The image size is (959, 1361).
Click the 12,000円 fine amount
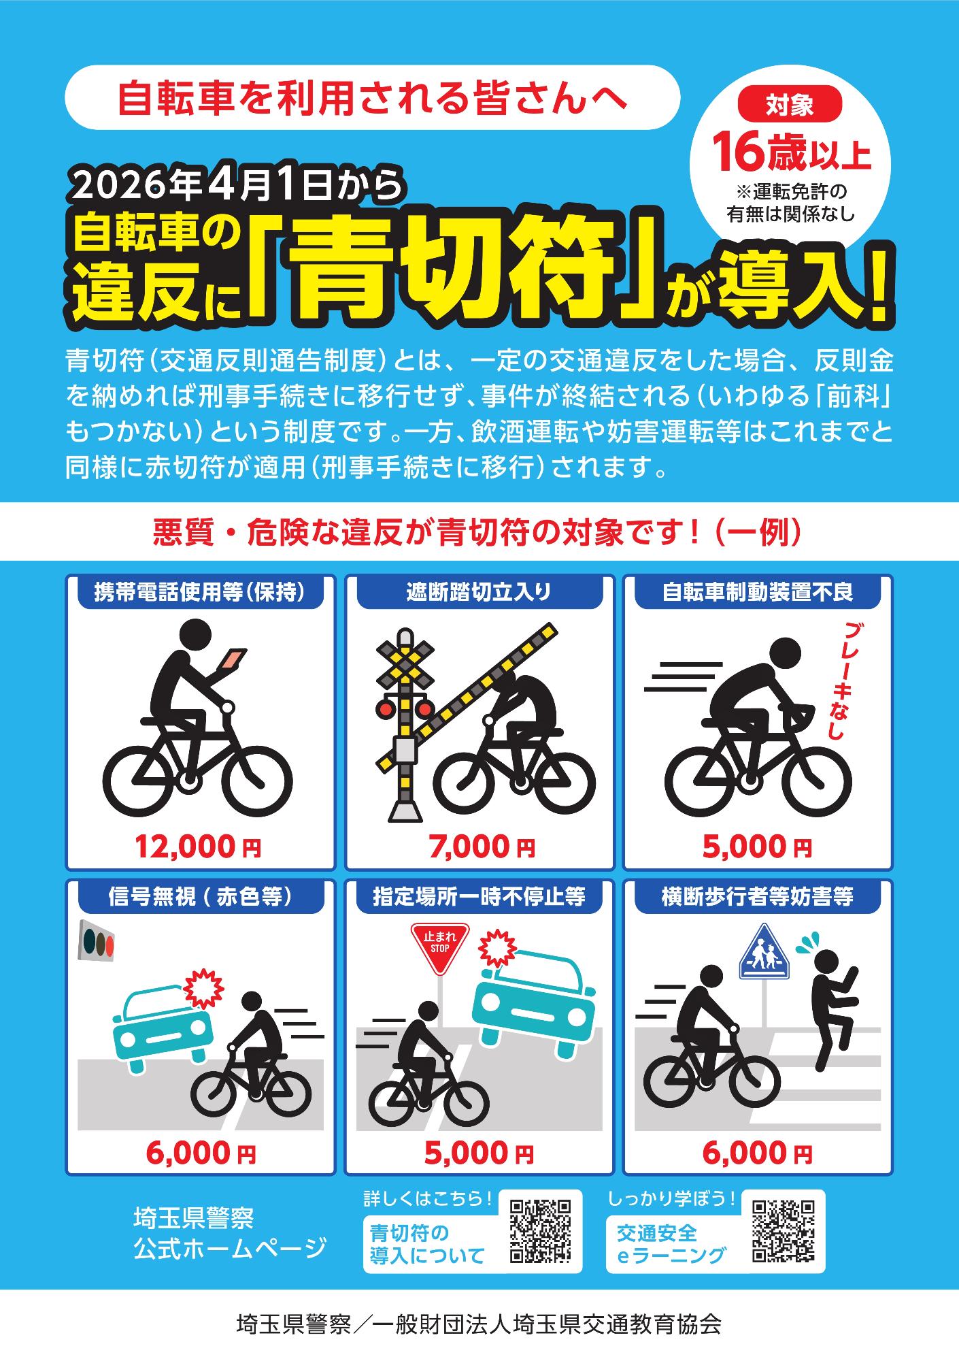point(198,847)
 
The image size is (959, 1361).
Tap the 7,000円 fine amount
point(482,847)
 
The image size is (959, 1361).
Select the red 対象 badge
point(790,105)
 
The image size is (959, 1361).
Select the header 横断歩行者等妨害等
point(758,897)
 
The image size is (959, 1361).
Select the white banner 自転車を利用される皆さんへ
point(373,97)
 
